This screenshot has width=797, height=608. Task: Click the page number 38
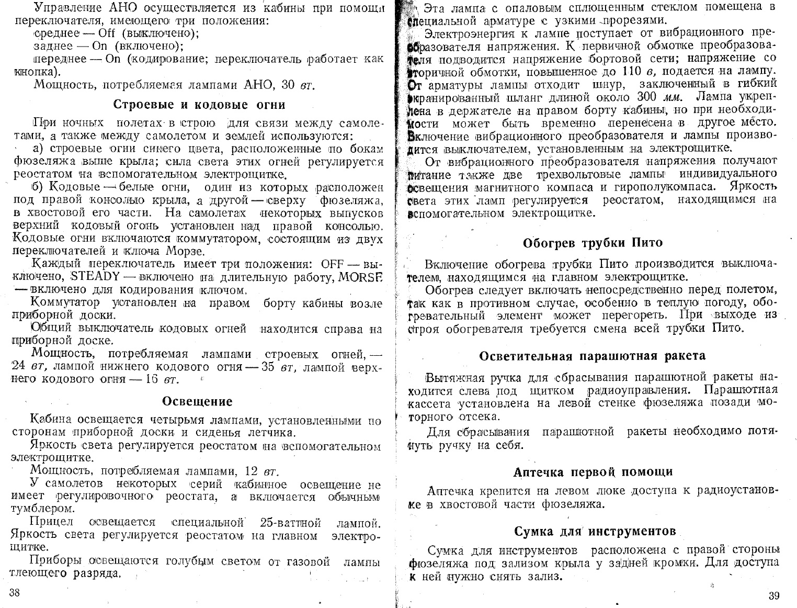point(14,592)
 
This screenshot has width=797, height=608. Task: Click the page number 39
point(775,595)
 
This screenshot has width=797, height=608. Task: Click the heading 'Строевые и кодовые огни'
point(199,104)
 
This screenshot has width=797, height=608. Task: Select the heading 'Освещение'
point(197,401)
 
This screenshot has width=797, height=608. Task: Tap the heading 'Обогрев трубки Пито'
point(593,243)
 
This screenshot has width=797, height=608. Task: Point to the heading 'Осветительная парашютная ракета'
point(592,356)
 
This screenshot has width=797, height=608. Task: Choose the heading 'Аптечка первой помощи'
point(593,472)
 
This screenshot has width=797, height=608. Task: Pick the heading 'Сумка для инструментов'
point(595,532)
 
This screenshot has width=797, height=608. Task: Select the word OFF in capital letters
point(335,263)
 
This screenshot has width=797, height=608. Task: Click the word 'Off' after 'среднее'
point(107,33)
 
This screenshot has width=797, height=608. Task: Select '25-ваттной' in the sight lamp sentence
point(290,522)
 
